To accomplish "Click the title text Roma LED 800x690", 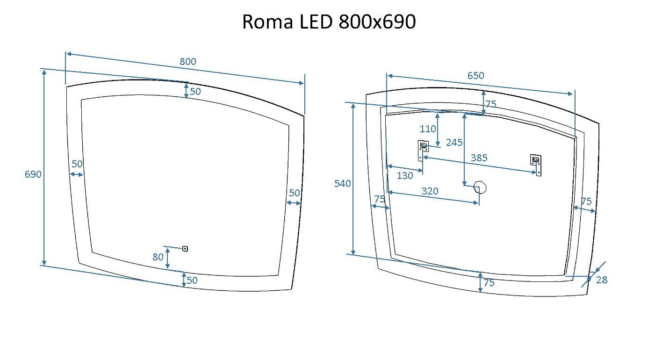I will (x=329, y=22).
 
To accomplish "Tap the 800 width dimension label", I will (x=188, y=62).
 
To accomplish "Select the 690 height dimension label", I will (x=33, y=174).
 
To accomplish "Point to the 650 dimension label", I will (x=476, y=76).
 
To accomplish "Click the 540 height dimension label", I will (x=343, y=184).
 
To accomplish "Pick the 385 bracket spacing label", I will (x=479, y=158).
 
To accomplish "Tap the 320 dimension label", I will (x=430, y=191).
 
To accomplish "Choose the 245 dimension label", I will (x=454, y=143).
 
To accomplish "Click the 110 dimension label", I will (x=428, y=129).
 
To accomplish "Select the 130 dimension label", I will (x=405, y=176).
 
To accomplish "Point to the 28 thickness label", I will (x=602, y=280).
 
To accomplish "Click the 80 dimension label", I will (x=158, y=257).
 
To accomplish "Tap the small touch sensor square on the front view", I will (x=185, y=249).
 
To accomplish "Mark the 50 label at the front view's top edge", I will (x=195, y=92).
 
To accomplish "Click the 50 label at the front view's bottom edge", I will (x=192, y=281).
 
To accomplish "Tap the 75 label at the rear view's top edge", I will (x=490, y=104).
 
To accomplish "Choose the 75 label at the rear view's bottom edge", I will (x=489, y=283).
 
